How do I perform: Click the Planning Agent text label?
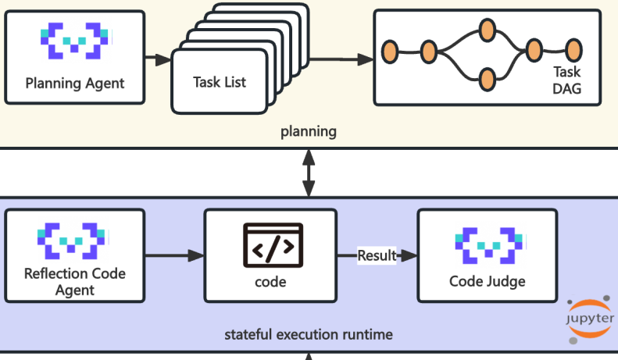click(75, 83)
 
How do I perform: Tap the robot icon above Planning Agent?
click(74, 41)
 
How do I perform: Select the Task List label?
click(220, 82)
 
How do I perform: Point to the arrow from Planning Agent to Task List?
click(159, 59)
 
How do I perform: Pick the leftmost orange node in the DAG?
click(390, 52)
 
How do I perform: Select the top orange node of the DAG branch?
click(487, 31)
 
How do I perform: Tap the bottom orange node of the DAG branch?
click(487, 79)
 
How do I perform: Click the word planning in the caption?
click(309, 131)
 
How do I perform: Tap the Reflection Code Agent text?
click(75, 282)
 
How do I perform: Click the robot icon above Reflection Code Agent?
click(74, 241)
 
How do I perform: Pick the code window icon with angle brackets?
click(272, 245)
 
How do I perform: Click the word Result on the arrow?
click(377, 255)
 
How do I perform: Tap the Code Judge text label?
click(488, 281)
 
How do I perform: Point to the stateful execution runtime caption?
click(309, 335)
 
